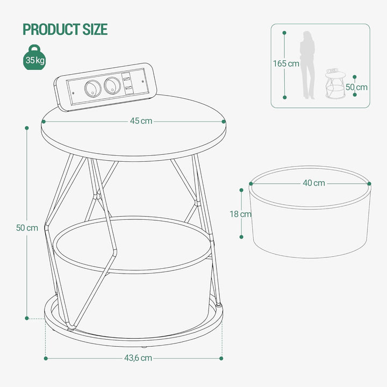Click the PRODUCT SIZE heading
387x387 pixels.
click(65, 29)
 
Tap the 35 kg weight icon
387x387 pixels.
click(34, 58)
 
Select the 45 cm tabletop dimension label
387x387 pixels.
click(141, 121)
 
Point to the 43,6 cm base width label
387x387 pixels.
click(138, 358)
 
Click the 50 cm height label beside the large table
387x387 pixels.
click(27, 228)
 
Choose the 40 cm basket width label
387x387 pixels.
click(314, 183)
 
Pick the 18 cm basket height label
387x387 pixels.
click(241, 214)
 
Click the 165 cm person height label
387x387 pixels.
click(286, 63)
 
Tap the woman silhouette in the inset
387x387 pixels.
click(308, 65)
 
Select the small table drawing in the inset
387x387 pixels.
click(335, 83)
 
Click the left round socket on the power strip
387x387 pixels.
click(93, 88)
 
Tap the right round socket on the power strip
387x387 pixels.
click(112, 85)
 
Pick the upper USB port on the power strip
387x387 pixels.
click(127, 78)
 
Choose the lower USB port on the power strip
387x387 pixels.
click(127, 88)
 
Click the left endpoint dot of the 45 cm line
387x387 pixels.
click(44, 121)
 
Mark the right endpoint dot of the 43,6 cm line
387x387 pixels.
click(221, 359)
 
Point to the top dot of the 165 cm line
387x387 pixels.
click(284, 33)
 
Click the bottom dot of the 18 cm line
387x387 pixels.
click(241, 237)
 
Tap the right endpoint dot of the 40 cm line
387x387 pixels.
click(369, 184)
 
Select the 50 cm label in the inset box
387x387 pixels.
click(357, 87)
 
